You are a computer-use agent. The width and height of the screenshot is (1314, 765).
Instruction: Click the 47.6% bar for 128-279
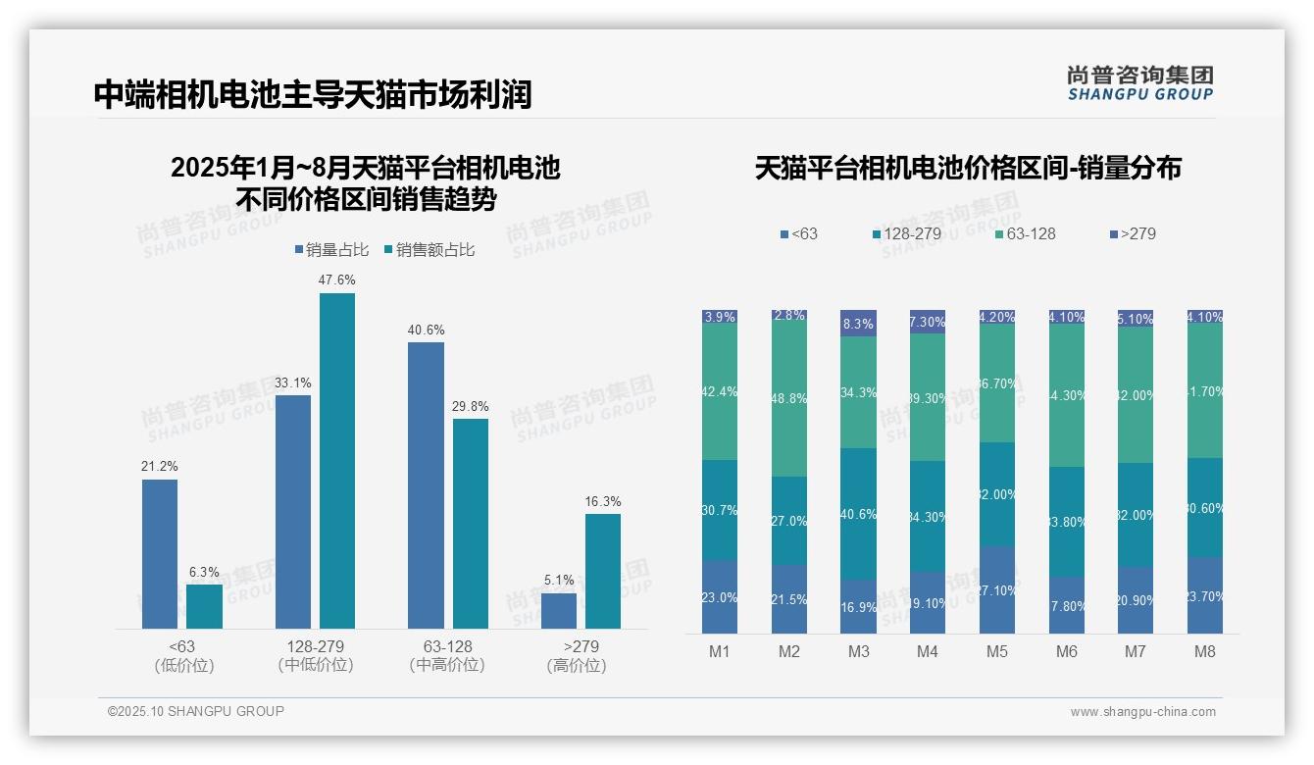337,461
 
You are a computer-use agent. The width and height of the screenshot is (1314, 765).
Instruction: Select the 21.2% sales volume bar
160,554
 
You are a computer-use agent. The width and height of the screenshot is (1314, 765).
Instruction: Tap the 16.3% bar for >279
603,571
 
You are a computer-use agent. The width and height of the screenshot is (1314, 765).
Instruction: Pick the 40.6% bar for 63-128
426,485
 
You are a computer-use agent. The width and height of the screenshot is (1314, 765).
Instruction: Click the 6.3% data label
204,572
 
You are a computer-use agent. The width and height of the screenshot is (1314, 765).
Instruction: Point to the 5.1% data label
559,580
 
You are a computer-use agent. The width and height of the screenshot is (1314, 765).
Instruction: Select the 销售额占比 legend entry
430,250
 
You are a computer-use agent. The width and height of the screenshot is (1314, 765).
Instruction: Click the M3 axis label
858,652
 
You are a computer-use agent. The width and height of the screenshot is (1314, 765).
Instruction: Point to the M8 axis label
1205,652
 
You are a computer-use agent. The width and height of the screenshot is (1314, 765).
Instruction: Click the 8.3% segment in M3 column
859,323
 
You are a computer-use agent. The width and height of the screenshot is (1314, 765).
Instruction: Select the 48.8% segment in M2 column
789,399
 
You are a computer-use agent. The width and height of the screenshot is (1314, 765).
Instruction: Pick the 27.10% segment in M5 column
997,589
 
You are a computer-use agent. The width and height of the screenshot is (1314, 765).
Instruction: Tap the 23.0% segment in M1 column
720,596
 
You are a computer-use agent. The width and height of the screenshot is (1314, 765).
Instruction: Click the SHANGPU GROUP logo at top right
1139,83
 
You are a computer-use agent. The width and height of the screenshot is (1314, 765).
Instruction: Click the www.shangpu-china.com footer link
1142,712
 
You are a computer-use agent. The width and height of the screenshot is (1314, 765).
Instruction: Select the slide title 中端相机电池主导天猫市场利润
313,94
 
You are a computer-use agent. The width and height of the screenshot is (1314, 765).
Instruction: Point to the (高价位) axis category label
576,665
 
